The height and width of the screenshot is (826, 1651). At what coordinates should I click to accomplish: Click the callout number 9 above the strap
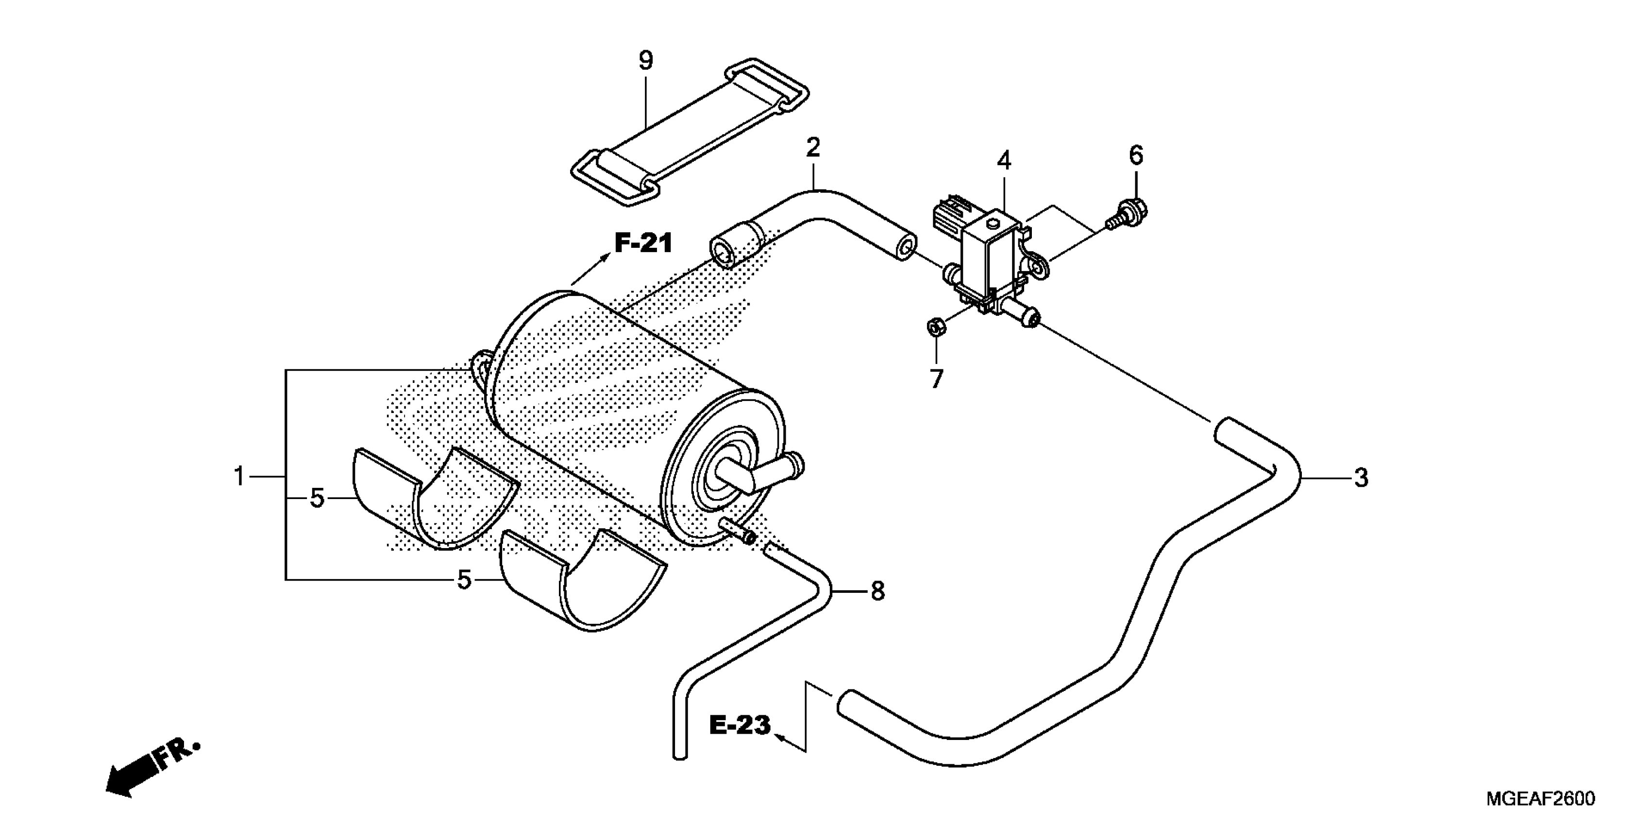[x=646, y=61]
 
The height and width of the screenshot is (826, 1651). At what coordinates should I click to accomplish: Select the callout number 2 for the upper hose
[x=813, y=148]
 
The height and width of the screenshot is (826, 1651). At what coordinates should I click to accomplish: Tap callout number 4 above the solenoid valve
[x=1004, y=160]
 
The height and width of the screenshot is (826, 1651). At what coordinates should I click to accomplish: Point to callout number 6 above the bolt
[x=1136, y=155]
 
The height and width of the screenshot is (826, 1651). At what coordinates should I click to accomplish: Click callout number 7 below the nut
[x=936, y=379]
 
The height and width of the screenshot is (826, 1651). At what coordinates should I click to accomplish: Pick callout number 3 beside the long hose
[x=1361, y=478]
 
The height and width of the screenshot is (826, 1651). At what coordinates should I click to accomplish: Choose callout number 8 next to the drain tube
[x=877, y=591]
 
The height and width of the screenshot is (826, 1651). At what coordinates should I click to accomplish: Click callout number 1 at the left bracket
[x=239, y=477]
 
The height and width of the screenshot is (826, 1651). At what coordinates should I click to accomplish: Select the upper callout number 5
[x=317, y=499]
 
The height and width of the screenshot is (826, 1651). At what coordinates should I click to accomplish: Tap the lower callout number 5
[x=464, y=580]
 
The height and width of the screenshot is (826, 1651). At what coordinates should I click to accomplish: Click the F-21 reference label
[x=643, y=243]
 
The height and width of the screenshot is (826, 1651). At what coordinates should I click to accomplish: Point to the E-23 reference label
[x=740, y=725]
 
